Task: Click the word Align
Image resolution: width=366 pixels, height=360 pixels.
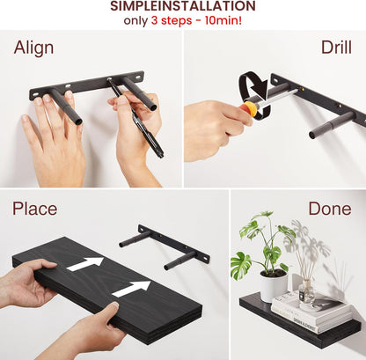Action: pos(33,48)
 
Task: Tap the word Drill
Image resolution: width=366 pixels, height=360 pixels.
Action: pos(336,47)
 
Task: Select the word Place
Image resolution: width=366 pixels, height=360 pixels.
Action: pos(34,209)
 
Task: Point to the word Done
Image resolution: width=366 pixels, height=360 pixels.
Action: pos(330,209)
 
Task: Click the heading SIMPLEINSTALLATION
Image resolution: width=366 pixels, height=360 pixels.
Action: pos(183,6)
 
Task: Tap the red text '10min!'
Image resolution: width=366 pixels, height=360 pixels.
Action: pos(223,20)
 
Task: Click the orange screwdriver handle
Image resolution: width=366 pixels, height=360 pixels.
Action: pos(249,109)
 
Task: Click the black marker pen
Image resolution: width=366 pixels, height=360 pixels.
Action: pos(135,118)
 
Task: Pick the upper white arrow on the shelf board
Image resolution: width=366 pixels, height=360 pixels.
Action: pos(84,264)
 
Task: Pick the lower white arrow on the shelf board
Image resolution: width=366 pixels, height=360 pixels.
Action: pos(131,289)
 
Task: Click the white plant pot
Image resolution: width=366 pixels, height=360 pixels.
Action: pos(274,285)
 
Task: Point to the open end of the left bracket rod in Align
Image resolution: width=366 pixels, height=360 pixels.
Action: pos(77,121)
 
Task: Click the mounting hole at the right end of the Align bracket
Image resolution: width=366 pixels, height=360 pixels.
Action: pos(138,77)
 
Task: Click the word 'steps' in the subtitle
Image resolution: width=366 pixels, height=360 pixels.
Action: pos(177,21)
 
